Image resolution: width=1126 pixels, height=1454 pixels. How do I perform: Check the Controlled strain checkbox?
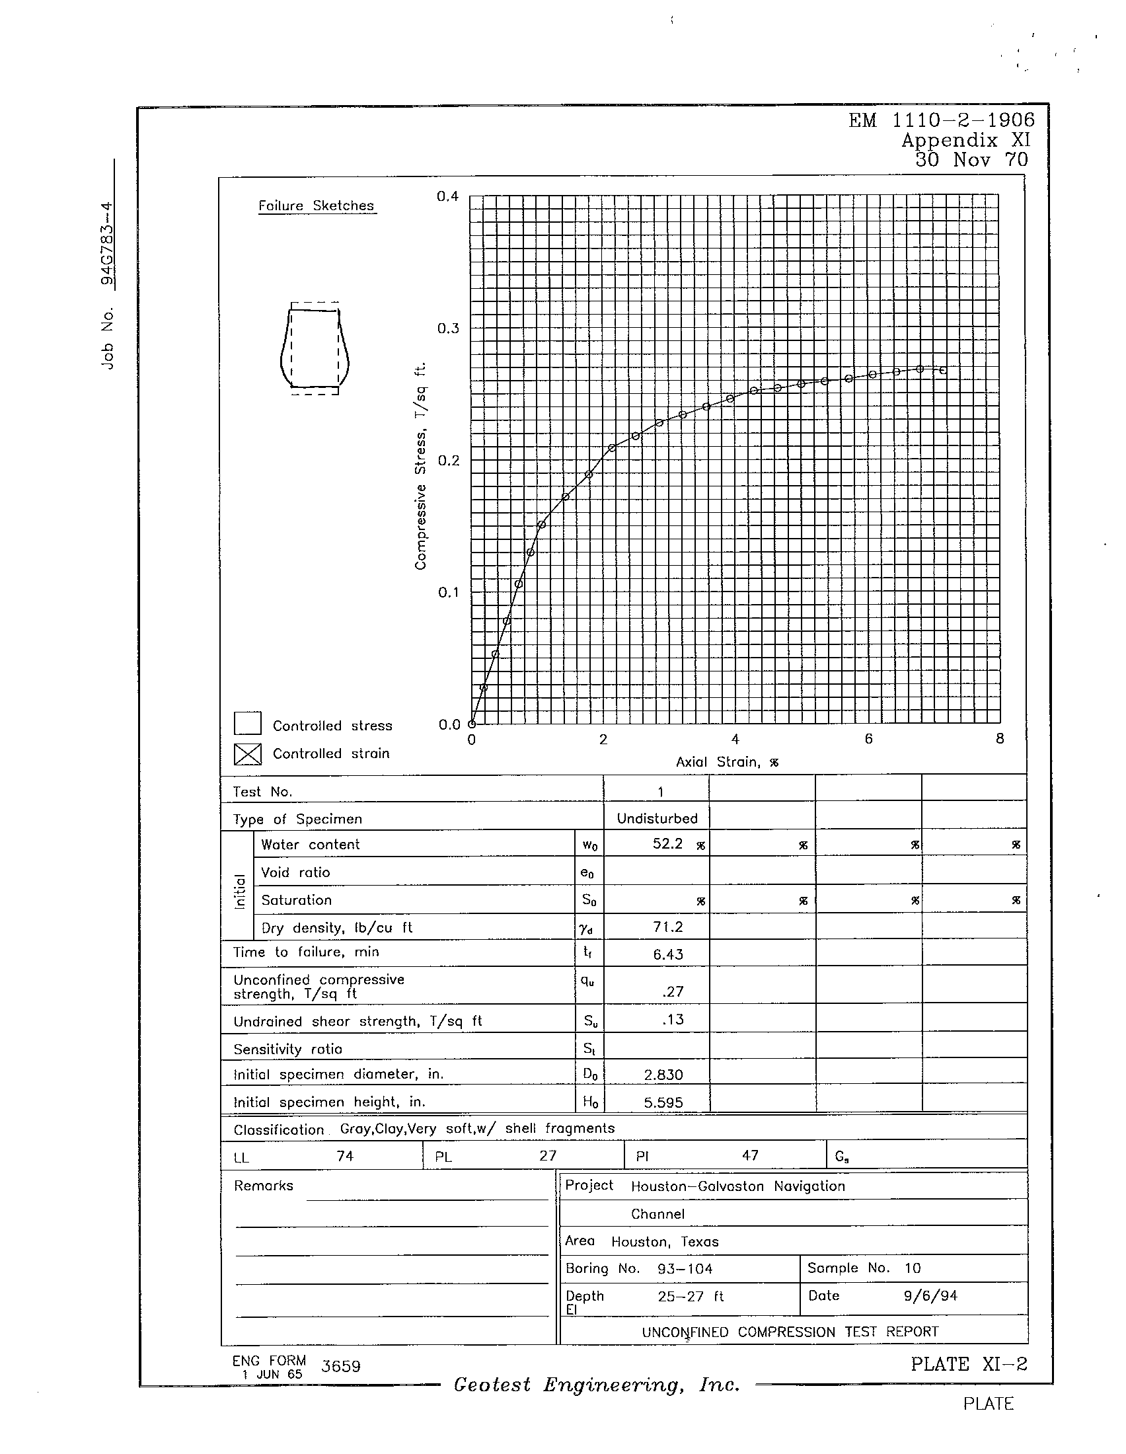[x=247, y=753]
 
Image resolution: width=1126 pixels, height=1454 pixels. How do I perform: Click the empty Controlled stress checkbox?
[x=247, y=724]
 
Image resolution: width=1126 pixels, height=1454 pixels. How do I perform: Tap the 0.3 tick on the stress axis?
[x=448, y=328]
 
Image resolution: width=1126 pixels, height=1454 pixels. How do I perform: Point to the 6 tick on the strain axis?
[x=868, y=738]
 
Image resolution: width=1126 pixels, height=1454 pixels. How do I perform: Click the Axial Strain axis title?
[x=727, y=762]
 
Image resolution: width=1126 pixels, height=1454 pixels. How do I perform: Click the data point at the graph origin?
[x=472, y=724]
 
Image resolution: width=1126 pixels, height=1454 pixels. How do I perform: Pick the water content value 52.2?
[x=667, y=844]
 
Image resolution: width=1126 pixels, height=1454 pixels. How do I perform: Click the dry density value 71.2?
[x=667, y=927]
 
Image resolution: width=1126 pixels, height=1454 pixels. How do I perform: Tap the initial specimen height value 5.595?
[x=663, y=1102]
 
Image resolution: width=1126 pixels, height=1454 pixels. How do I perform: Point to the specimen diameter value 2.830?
[x=663, y=1075]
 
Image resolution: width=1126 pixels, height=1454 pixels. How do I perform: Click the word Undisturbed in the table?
[x=657, y=819]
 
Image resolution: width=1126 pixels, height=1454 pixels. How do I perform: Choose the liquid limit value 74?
[x=345, y=1157]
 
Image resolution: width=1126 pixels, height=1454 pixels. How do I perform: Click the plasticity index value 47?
[x=750, y=1156]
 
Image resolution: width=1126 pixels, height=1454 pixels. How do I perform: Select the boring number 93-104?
[x=685, y=1269]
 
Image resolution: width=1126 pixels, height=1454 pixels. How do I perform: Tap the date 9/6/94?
[x=930, y=1295]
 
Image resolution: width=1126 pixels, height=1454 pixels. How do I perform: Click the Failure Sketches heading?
[x=317, y=206]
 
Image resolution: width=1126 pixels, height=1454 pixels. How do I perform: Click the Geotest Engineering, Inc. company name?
[x=596, y=1385]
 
